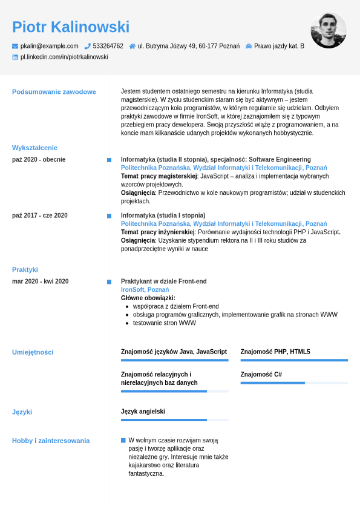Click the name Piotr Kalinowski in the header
click(71, 27)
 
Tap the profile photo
click(329, 30)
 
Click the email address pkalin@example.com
click(50, 46)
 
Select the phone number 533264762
click(108, 46)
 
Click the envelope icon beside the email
click(15, 46)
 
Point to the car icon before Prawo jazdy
click(248, 46)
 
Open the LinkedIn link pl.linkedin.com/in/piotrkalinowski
click(64, 57)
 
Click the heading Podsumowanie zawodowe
click(54, 92)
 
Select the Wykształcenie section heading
click(34, 148)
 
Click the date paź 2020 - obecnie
click(39, 160)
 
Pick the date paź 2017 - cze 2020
click(40, 215)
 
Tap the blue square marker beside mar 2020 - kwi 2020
click(109, 281)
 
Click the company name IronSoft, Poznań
click(145, 290)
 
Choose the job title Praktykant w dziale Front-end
click(163, 281)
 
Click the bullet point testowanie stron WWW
click(164, 323)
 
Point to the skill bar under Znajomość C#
click(294, 383)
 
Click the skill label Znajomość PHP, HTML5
click(275, 352)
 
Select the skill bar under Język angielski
click(174, 420)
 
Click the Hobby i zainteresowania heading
click(51, 441)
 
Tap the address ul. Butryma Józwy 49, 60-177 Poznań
click(188, 46)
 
